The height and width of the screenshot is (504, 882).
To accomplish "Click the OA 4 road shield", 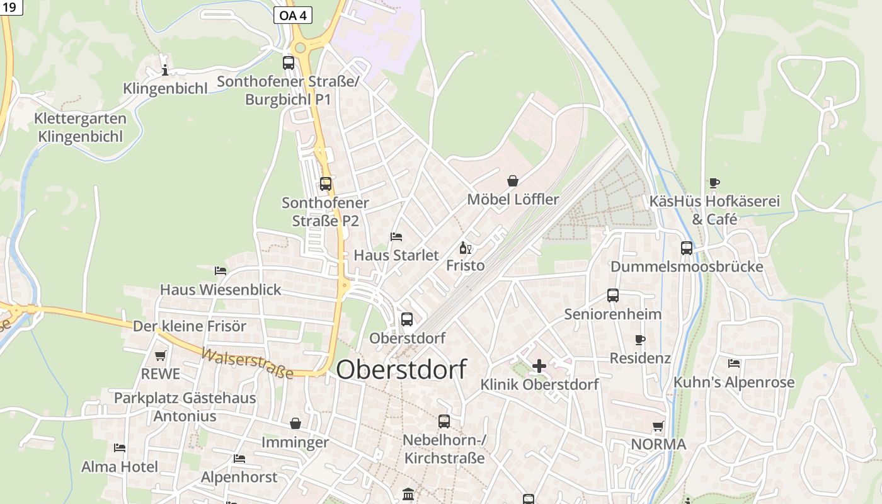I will (293, 15).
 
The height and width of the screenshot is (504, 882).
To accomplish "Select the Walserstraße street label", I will (247, 364).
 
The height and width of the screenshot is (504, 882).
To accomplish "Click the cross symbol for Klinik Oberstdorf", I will (539, 365).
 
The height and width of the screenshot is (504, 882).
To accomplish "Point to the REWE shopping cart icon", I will (161, 355).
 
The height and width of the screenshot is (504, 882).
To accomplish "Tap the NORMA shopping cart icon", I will (658, 426).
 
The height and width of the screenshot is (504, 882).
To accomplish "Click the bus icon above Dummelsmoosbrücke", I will (687, 248).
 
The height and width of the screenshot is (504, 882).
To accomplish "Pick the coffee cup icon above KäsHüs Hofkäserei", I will (714, 183).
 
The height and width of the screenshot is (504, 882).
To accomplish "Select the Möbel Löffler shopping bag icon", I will (513, 181).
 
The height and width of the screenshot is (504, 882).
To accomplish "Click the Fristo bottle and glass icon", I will (466, 248).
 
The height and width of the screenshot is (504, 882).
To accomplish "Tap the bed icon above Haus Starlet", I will (396, 237).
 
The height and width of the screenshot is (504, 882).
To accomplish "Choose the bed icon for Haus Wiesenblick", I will (220, 271).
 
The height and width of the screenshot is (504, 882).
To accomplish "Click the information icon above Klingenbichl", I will (165, 69).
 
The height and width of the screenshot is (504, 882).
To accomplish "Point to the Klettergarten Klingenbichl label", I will (80, 127).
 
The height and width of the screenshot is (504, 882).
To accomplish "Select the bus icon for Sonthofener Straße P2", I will (326, 184).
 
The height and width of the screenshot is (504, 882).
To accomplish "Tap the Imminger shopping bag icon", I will (295, 424).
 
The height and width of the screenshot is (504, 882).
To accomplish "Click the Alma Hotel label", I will (120, 467).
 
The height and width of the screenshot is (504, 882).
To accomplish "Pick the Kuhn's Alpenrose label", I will (734, 382).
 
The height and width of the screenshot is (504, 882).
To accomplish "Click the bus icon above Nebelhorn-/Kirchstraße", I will (444, 421).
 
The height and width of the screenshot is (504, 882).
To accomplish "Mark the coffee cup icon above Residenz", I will (640, 340).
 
